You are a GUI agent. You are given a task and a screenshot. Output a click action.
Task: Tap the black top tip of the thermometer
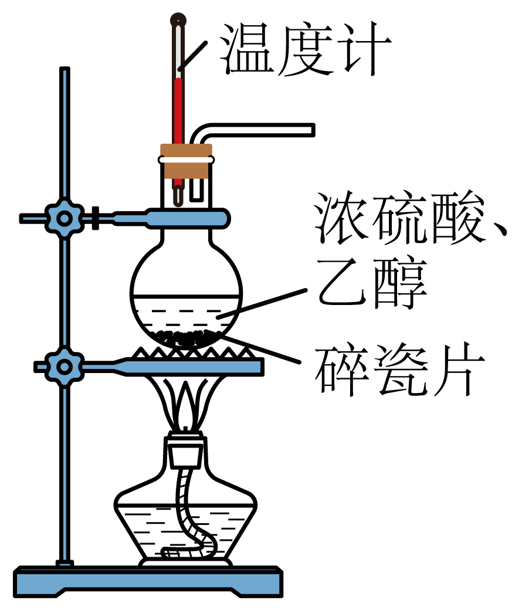point(178,21)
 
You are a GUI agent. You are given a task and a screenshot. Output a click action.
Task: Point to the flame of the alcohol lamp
point(187,405)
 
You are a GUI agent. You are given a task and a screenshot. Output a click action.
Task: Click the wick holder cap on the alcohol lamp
point(187,449)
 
